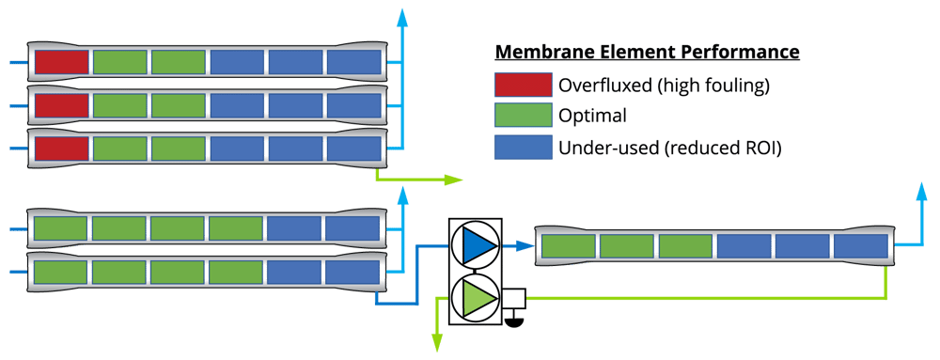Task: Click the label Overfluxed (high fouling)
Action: coord(664,86)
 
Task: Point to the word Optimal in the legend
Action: coord(592,116)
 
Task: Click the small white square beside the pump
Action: coord(513,300)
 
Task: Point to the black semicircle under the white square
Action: coord(514,319)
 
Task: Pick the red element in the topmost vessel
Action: coord(61,63)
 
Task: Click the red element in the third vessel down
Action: coord(61,149)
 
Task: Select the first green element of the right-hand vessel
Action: coord(568,246)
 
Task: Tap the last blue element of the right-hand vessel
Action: coord(860,246)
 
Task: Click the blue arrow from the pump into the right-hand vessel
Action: coord(516,245)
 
